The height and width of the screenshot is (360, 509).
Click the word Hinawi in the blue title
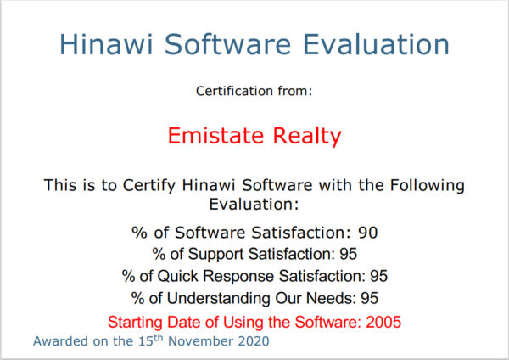pyautogui.click(x=106, y=44)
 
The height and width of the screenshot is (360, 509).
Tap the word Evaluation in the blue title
pyautogui.click(x=376, y=44)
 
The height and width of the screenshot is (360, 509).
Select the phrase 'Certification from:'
pyautogui.click(x=254, y=91)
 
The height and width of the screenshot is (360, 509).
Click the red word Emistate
pyautogui.click(x=215, y=135)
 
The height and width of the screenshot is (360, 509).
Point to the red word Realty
pyautogui.click(x=307, y=136)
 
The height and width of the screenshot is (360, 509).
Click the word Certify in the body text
pyautogui.click(x=149, y=185)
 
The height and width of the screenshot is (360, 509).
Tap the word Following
pyautogui.click(x=428, y=185)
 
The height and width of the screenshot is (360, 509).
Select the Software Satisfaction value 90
pyautogui.click(x=368, y=233)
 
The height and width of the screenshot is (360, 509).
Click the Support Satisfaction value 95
pyautogui.click(x=349, y=254)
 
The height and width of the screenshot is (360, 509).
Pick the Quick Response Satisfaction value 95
pyautogui.click(x=379, y=276)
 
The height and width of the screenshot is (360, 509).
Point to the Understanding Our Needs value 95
pyautogui.click(x=369, y=298)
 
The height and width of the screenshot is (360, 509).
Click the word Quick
pyautogui.click(x=177, y=276)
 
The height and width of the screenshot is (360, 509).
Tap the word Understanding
pyautogui.click(x=218, y=299)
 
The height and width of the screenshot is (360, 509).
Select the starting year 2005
pyautogui.click(x=383, y=322)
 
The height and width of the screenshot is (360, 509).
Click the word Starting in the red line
pyautogui.click(x=135, y=323)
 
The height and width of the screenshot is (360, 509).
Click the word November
pyautogui.click(x=200, y=341)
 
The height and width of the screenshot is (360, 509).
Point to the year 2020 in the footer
pyautogui.click(x=254, y=341)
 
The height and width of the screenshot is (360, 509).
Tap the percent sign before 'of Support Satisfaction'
pyautogui.click(x=159, y=254)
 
